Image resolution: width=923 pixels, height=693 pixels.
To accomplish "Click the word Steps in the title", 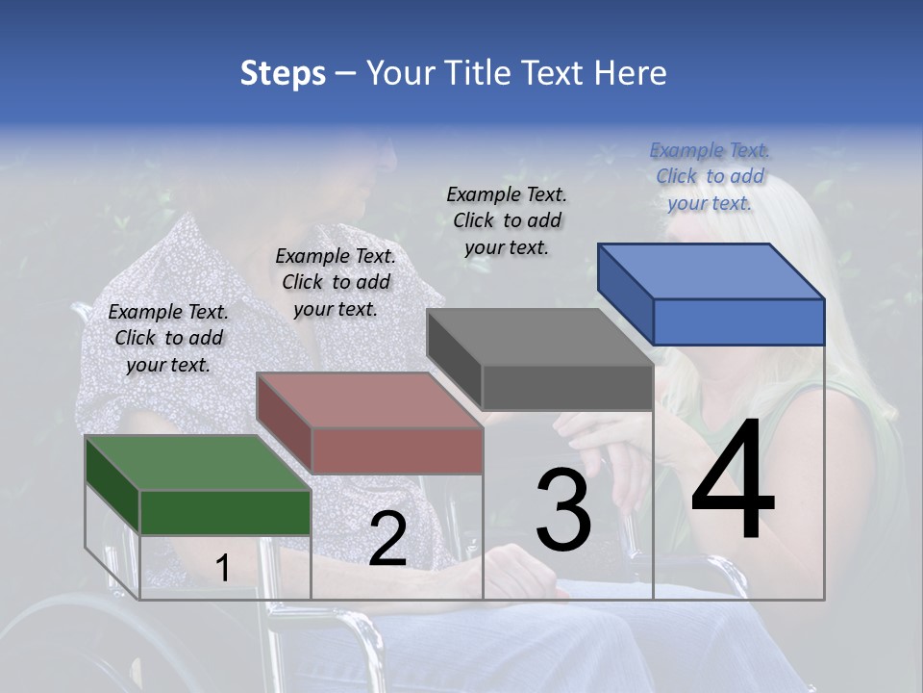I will [x=283, y=73].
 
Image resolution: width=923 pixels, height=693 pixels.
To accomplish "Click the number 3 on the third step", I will [x=563, y=510].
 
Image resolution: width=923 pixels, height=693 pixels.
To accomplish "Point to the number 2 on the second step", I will [x=387, y=540].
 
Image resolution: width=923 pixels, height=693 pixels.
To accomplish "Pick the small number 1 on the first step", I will [x=222, y=569].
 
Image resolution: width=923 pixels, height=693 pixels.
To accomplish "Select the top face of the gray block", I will [x=539, y=337].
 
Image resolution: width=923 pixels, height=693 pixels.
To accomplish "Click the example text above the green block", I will [x=168, y=338].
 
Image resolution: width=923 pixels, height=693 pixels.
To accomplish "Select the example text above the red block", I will [x=336, y=282].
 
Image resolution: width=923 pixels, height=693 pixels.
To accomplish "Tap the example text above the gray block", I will [x=507, y=220].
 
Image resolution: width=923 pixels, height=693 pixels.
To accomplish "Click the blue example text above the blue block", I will [x=710, y=176].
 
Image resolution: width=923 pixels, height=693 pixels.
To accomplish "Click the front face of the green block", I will [x=225, y=512].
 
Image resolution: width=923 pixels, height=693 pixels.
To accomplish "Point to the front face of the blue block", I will [x=738, y=321].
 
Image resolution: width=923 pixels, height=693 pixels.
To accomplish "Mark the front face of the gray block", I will [x=567, y=387].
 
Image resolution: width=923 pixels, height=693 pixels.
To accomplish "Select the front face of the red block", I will [x=396, y=450].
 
